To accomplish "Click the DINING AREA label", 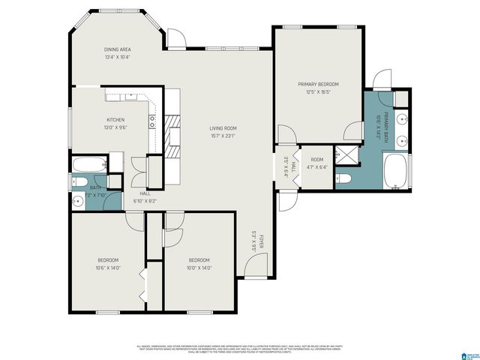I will pos(118,49).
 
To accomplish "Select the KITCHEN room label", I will pos(115,119).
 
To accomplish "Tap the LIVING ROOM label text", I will pos(223,128).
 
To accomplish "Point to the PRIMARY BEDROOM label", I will pos(318,84).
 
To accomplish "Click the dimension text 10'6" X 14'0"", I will pos(108,268).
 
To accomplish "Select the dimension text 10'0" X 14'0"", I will pos(199,268).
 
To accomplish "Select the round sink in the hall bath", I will pos(79,201).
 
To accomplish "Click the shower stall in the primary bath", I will pos(346,154).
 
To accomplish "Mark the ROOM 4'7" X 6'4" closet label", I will pos(317,163).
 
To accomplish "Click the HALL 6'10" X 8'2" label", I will pos(145,196).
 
